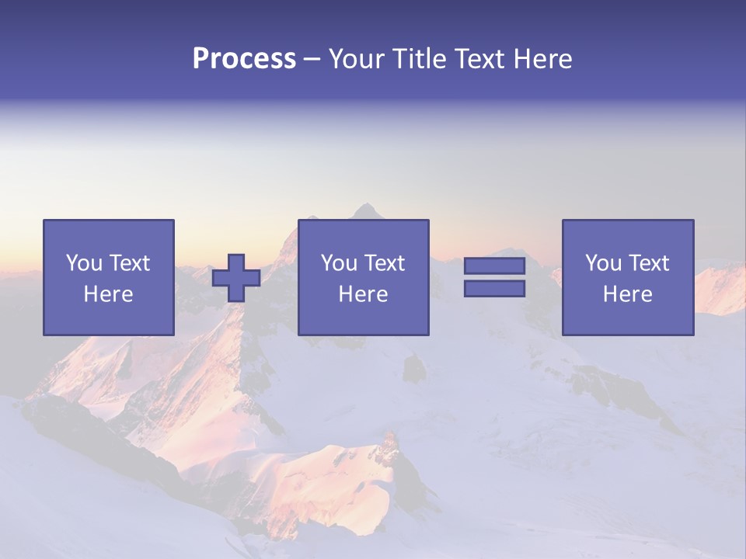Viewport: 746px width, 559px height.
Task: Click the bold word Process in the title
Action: pyautogui.click(x=244, y=59)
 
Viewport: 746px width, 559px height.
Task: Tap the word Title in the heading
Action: pyautogui.click(x=419, y=59)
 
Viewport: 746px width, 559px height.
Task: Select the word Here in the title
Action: pyautogui.click(x=542, y=59)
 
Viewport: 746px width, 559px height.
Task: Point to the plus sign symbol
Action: pyautogui.click(x=236, y=278)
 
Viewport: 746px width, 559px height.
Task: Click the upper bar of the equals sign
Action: pyautogui.click(x=494, y=266)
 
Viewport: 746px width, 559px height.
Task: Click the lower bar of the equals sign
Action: pyautogui.click(x=494, y=289)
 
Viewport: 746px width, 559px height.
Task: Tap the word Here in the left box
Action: pyautogui.click(x=108, y=294)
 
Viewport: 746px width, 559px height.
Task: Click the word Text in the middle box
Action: pyautogui.click(x=385, y=263)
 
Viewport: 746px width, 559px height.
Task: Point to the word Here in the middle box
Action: pyautogui.click(x=363, y=294)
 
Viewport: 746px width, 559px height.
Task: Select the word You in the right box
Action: pyautogui.click(x=603, y=263)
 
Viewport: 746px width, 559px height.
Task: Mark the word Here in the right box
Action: pyautogui.click(x=627, y=294)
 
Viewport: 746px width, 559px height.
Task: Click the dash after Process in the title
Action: pyautogui.click(x=312, y=60)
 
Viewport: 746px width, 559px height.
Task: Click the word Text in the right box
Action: pyautogui.click(x=649, y=263)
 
